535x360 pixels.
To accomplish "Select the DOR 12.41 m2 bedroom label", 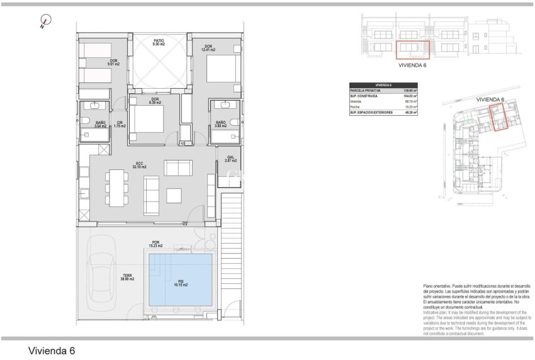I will tap(208, 48).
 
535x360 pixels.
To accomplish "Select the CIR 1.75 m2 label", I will tap(120, 125).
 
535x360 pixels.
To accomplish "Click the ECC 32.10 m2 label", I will tap(140, 166).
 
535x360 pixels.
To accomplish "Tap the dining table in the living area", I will tap(116, 187).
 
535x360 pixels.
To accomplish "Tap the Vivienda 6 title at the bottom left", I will tap(52, 350).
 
